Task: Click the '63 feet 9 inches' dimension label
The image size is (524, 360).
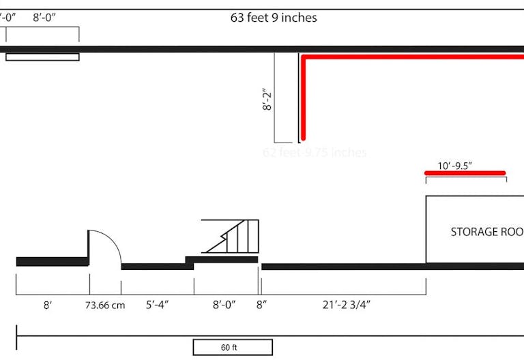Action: [274, 18]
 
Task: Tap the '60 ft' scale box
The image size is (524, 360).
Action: [233, 347]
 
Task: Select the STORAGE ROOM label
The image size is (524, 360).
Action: [486, 232]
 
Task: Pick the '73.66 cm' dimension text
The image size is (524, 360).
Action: [105, 305]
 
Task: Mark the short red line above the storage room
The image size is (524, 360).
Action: [465, 173]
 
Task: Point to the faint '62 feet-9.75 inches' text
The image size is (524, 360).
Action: [315, 153]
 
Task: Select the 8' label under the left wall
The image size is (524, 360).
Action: [48, 305]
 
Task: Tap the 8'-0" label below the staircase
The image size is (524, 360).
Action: [224, 305]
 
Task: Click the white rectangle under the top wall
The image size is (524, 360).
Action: [42, 57]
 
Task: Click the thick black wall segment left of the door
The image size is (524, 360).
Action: [52, 261]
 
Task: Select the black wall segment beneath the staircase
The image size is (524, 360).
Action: [222, 259]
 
